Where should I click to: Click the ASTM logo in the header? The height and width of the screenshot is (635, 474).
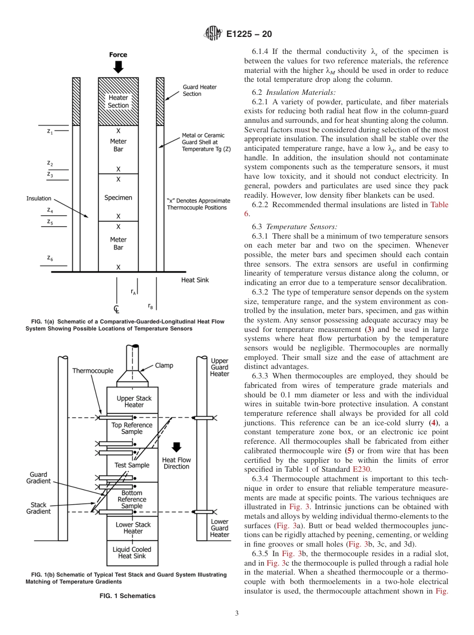point(213,34)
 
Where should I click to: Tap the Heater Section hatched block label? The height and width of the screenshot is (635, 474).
point(118,101)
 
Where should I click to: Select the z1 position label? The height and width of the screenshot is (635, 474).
point(50,131)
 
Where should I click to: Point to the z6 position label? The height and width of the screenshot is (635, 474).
point(50,258)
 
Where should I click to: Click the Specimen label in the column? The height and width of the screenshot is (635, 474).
point(118,198)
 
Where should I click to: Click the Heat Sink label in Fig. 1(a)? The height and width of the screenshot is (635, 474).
point(195,280)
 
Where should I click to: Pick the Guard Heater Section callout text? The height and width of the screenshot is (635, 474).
point(200,90)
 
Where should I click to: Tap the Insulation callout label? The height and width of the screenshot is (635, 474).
point(38,199)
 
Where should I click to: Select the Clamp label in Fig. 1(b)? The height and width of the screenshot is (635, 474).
point(164,365)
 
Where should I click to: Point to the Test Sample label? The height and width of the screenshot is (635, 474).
point(132,465)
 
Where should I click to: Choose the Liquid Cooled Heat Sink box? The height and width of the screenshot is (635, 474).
point(132,552)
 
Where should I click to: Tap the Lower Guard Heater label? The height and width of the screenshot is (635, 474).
point(219,528)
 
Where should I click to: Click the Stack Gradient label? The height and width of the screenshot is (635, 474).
point(38,508)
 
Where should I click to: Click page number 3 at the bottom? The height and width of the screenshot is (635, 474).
point(237,613)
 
